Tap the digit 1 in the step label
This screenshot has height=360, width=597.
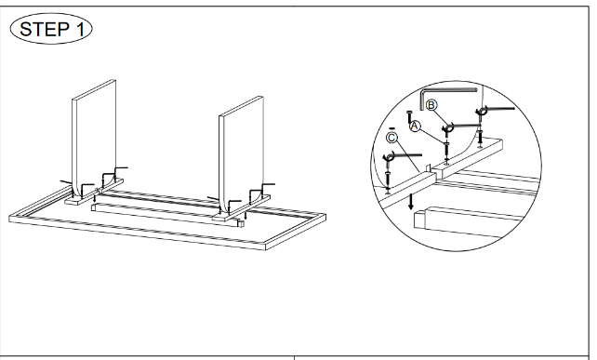pyautogui.click(x=80, y=29)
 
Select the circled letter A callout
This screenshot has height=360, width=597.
pyautogui.click(x=415, y=127)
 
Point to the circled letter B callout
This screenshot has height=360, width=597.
pyautogui.click(x=431, y=105)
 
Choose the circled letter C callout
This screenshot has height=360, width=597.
pyautogui.click(x=391, y=138)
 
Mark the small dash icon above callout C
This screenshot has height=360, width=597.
pyautogui.click(x=392, y=128)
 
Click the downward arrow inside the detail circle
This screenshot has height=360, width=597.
pyautogui.click(x=410, y=201)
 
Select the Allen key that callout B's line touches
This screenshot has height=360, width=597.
pyautogui.click(x=462, y=126)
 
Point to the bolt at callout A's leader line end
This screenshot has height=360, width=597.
pyautogui.click(x=446, y=152)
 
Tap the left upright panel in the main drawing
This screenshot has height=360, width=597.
pyautogui.click(x=94, y=137)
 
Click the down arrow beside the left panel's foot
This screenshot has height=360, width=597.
pyautogui.click(x=95, y=198)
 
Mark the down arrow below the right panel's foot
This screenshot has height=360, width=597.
pyautogui.click(x=245, y=215)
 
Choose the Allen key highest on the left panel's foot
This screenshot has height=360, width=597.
pyautogui.click(x=119, y=168)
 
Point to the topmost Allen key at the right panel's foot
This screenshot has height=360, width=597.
pyautogui.click(x=267, y=185)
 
